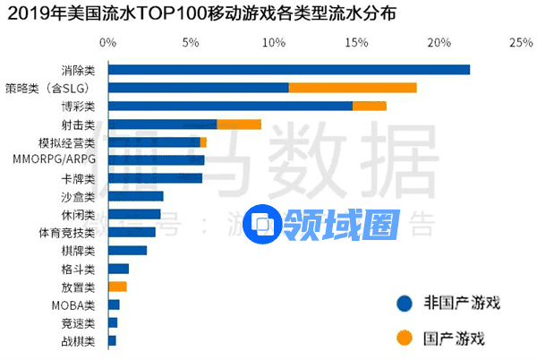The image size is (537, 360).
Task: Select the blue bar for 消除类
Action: tap(288, 70)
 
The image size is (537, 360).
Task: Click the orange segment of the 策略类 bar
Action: tap(353, 88)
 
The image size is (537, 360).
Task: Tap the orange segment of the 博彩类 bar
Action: tap(370, 106)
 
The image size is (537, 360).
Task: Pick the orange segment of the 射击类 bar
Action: tap(239, 124)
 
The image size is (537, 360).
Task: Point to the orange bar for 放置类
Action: tap(117, 287)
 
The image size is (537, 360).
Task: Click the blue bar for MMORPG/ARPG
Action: tap(156, 160)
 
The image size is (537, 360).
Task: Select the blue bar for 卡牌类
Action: tap(155, 178)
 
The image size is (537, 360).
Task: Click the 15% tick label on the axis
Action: tap(355, 42)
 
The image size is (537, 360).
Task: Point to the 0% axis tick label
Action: tap(107, 42)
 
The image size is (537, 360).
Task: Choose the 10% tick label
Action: tap(273, 42)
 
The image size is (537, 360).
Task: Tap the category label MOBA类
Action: tap(78, 304)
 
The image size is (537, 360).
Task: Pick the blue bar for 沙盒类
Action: tap(135, 196)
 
